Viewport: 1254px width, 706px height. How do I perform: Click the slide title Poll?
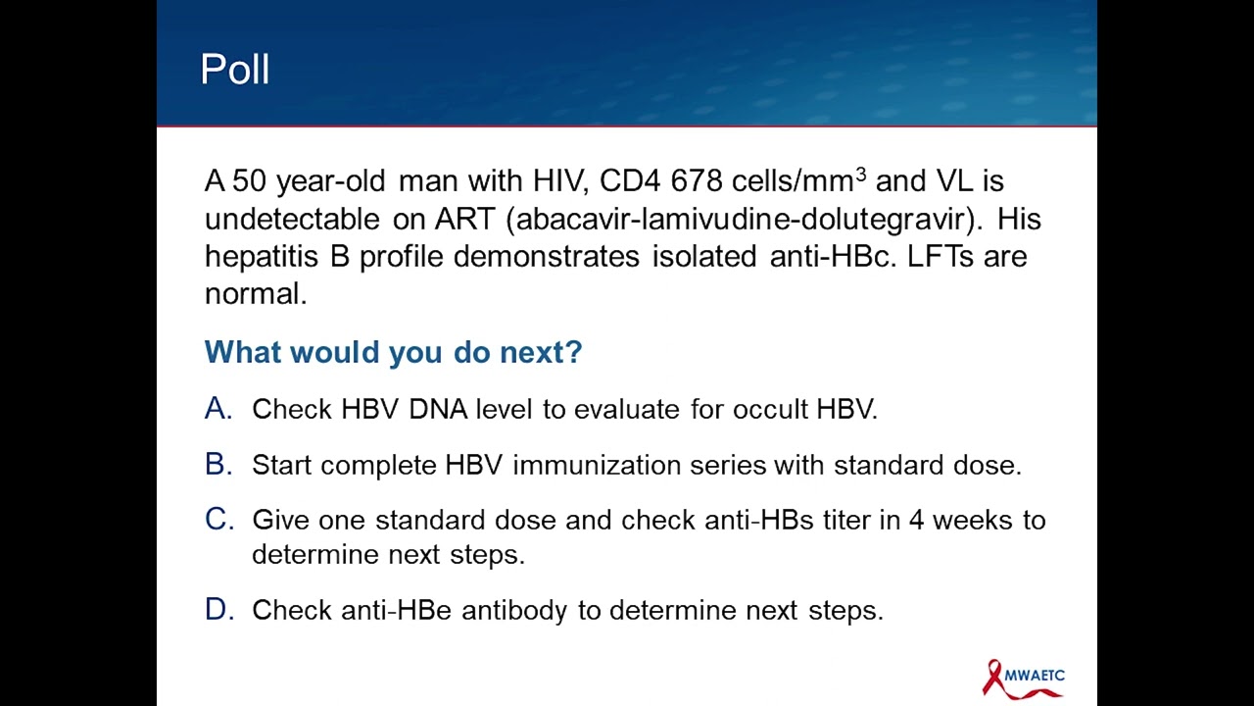coord(235,70)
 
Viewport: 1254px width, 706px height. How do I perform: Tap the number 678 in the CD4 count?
coord(696,181)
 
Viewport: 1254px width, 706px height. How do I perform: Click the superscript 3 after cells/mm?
coord(861,175)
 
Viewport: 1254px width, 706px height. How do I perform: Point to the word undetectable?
coord(292,219)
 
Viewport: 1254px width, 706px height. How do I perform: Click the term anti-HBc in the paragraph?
coord(831,257)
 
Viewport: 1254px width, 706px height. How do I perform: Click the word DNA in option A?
coord(438,409)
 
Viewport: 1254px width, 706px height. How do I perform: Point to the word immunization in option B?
coord(597,465)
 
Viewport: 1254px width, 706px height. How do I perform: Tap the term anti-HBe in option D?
coord(397,610)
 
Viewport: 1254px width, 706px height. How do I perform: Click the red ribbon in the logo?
coord(995,678)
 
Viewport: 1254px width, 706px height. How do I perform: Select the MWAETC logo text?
coord(1035,676)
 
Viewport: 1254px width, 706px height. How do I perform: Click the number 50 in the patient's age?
coord(249,181)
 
